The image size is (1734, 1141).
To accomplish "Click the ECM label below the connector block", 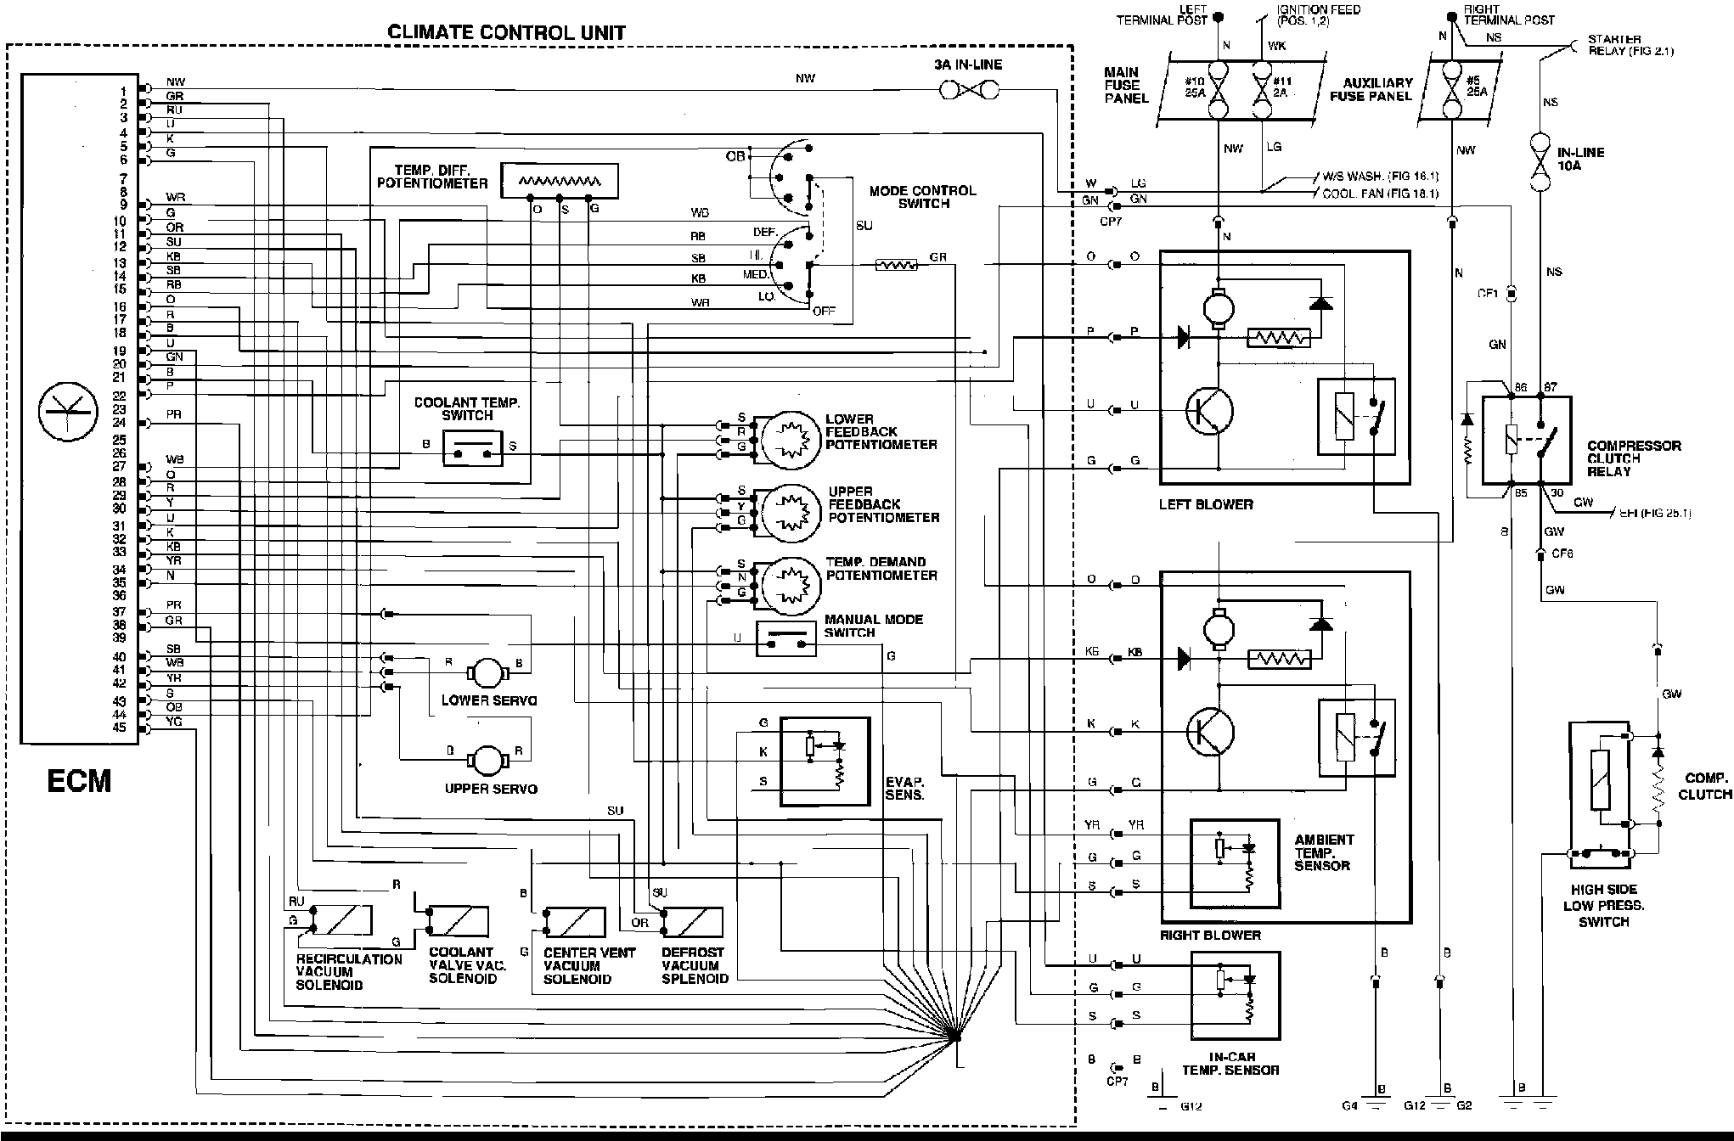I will (x=79, y=780).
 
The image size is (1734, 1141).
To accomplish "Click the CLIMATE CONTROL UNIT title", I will (x=507, y=33).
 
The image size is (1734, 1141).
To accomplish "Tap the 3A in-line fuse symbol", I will (x=971, y=89).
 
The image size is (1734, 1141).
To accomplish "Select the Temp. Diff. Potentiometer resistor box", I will (x=559, y=181).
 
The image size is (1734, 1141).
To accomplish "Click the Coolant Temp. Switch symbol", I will (x=472, y=447).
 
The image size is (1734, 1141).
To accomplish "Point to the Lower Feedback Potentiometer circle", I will (x=789, y=438).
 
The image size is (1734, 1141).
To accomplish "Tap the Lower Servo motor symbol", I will (x=487, y=673).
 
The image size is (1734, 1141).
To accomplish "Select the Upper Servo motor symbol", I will (x=487, y=761).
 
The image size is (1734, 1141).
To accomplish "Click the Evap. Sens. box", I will (x=825, y=760).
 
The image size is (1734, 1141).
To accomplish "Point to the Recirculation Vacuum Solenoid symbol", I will (x=341, y=920).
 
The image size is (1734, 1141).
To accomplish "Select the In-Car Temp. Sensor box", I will (x=1235, y=994).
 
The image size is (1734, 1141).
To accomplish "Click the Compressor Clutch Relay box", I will (x=1526, y=441).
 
